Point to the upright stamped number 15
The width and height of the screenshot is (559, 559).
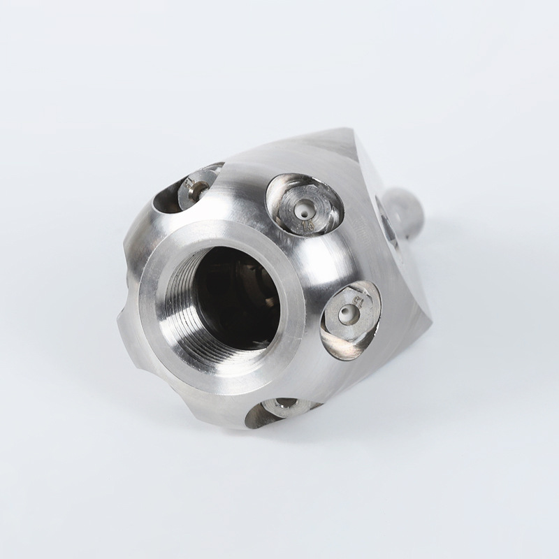[x=307, y=224]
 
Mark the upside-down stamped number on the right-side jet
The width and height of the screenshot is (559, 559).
[x=356, y=299]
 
